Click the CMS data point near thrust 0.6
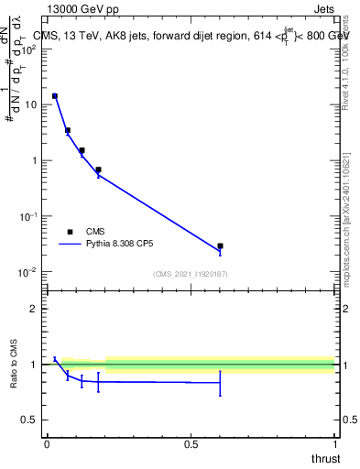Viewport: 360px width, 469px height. [220, 246]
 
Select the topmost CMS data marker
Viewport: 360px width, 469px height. [55, 96]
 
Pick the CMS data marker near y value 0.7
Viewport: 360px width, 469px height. [98, 169]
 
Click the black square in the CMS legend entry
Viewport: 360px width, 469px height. [70, 232]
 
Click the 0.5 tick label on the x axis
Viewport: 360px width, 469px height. [191, 444]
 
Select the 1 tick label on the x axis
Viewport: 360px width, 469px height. [334, 444]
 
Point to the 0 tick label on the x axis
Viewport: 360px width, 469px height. [47, 444]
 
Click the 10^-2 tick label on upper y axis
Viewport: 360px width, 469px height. [27, 272]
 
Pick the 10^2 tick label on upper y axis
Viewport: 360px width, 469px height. [27, 49]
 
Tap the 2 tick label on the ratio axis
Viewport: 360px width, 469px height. [33, 309]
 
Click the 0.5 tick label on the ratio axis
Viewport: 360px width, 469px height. [28, 420]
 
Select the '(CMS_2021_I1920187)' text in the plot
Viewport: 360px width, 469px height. [191, 274]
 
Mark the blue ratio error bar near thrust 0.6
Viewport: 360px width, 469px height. [220, 383]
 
